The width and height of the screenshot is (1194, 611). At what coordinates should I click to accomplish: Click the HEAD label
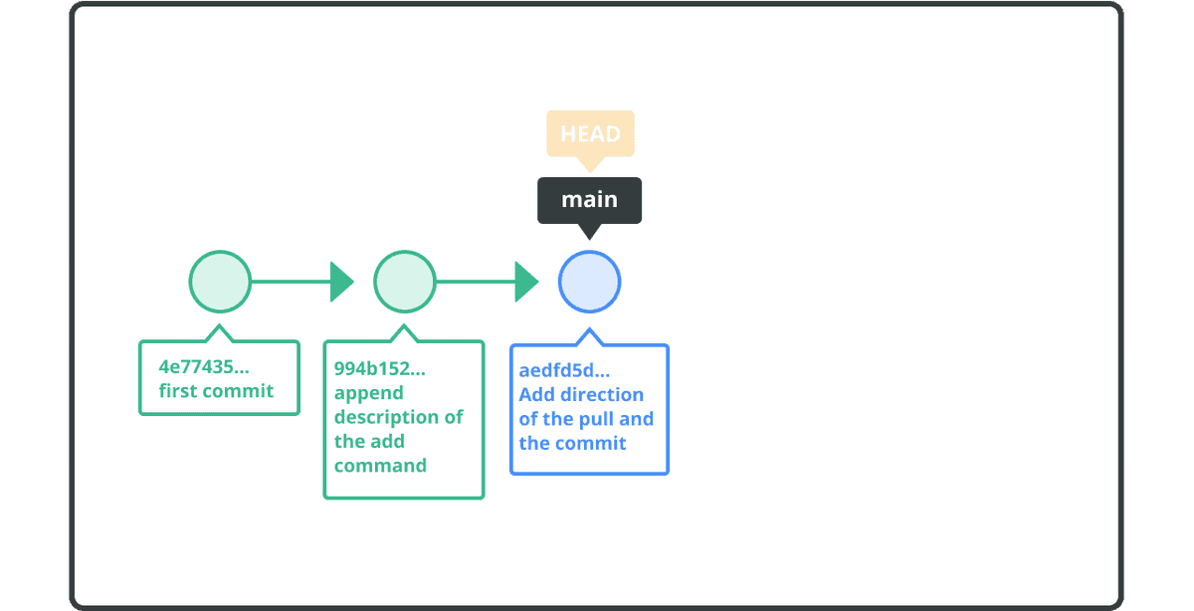(590, 133)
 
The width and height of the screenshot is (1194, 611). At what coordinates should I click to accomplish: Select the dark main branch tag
(589, 199)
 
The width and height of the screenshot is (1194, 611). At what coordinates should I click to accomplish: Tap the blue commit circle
(589, 282)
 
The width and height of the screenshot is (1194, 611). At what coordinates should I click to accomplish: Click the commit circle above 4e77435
(220, 282)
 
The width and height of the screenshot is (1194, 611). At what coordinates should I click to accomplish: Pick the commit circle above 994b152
(404, 282)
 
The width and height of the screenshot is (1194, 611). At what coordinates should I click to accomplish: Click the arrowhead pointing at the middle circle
(341, 282)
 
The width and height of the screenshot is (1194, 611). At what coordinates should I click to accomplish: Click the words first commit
(216, 391)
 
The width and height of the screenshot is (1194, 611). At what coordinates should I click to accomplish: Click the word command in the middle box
(380, 465)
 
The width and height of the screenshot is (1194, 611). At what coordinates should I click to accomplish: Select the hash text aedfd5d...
(564, 371)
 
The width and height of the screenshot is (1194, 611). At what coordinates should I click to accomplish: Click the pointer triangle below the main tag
(589, 231)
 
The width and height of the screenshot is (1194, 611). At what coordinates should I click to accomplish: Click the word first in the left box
(178, 391)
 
